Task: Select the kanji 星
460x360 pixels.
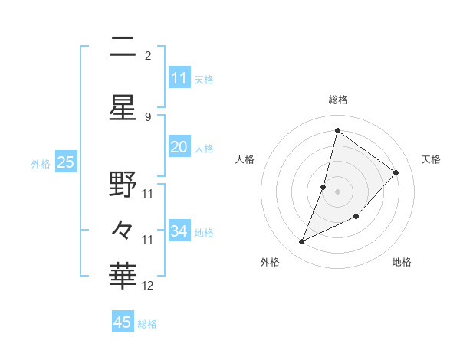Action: click(x=123, y=108)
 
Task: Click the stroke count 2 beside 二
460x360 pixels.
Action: click(x=148, y=56)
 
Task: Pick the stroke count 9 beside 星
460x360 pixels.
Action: click(x=148, y=116)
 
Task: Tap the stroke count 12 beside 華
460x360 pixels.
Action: click(x=149, y=286)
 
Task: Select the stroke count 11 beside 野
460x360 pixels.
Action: click(x=149, y=193)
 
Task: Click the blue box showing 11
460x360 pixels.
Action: click(x=179, y=78)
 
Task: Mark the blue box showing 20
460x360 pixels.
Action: click(x=179, y=148)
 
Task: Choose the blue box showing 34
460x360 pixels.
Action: click(x=179, y=231)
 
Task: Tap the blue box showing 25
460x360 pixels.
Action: click(x=65, y=162)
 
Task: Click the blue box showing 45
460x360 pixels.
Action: click(x=123, y=322)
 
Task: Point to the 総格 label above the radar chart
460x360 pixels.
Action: click(x=338, y=100)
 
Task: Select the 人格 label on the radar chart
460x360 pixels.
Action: click(x=245, y=159)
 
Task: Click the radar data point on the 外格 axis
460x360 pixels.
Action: click(x=302, y=242)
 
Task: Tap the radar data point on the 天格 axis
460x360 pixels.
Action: click(x=396, y=172)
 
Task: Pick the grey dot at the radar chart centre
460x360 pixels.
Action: click(x=338, y=191)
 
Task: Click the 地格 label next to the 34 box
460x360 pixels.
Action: click(x=204, y=233)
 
